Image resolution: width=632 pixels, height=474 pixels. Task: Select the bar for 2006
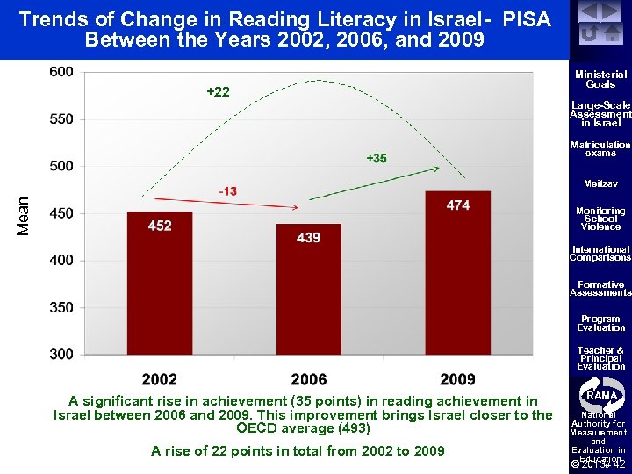308,290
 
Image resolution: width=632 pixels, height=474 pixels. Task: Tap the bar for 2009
457,273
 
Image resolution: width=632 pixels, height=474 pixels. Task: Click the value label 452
160,226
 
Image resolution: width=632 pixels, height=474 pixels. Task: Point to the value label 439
308,238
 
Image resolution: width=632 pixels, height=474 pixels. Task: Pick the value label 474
457,205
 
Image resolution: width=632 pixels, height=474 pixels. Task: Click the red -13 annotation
226,191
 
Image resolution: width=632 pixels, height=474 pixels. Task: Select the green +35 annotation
376,158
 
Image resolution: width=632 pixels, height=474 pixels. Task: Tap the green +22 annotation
218,92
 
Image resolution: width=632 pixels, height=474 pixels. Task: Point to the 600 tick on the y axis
61,72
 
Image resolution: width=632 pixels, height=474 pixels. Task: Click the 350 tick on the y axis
61,307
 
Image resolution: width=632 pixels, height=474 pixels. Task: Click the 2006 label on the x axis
308,379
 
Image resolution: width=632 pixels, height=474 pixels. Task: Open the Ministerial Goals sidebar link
600,80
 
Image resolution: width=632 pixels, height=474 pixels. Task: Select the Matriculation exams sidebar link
600,148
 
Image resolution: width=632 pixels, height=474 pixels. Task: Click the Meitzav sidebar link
600,183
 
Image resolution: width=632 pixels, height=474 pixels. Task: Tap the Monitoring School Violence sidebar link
600,219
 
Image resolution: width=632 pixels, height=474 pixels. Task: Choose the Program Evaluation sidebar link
600,323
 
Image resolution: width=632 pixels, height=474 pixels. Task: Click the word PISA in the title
527,18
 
